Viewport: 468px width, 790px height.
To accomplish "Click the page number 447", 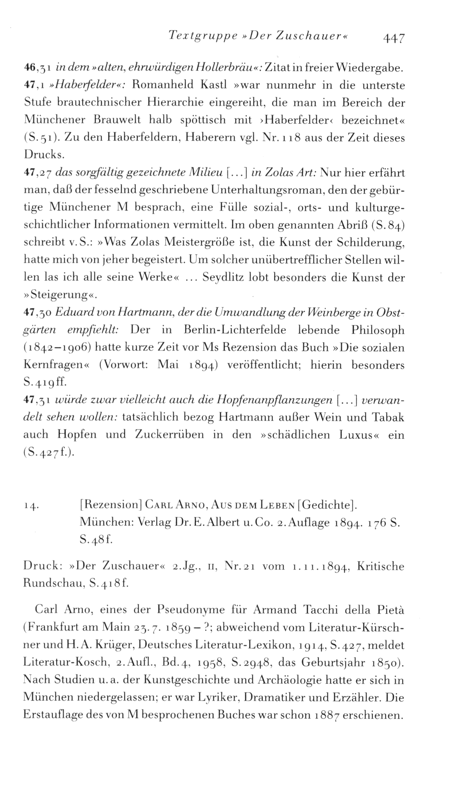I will (393, 37).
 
